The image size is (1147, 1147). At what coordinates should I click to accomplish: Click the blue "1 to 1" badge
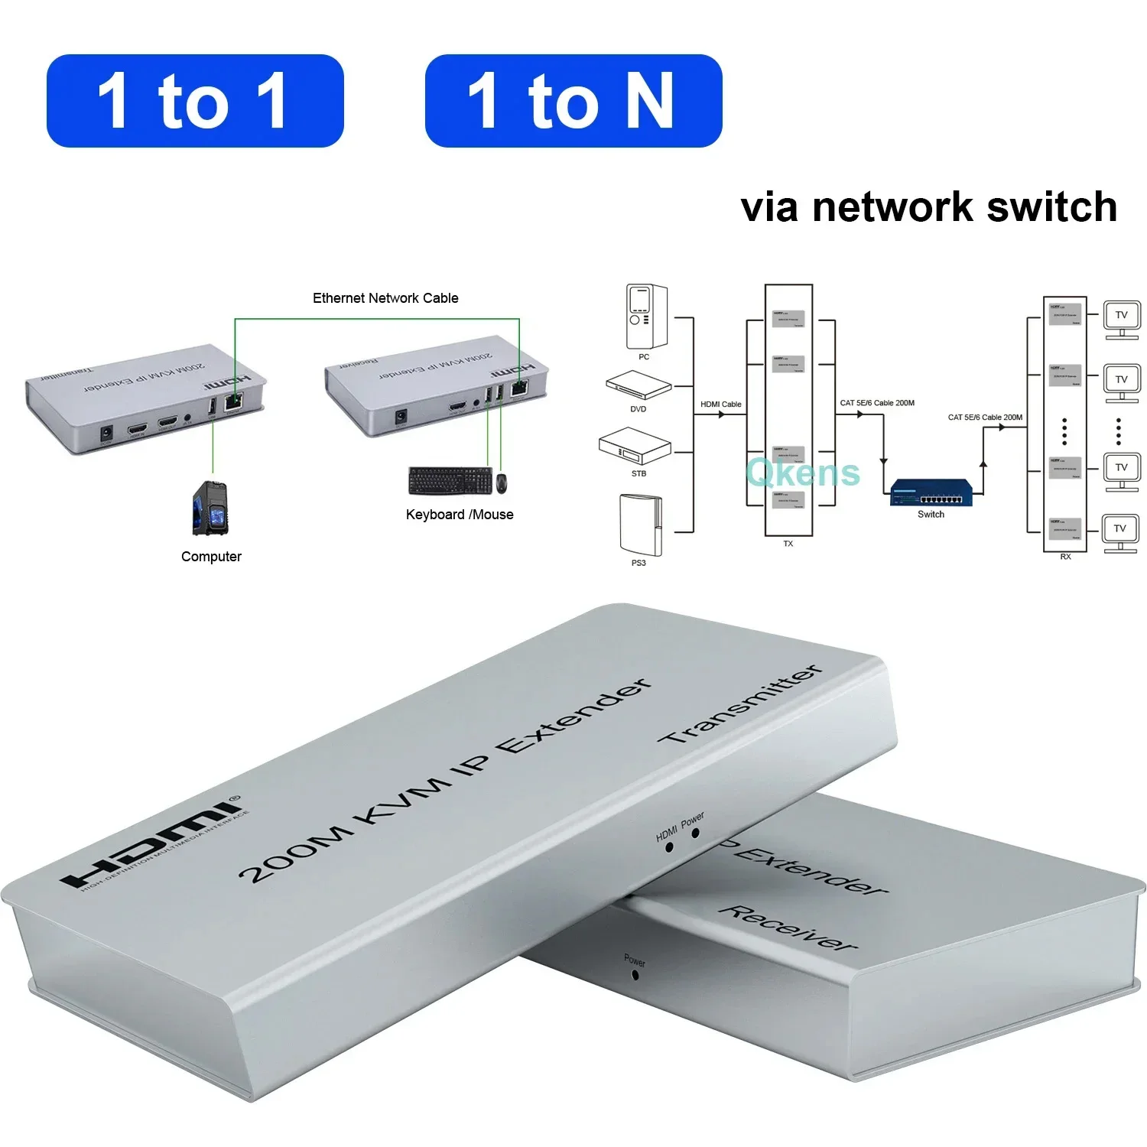[194, 101]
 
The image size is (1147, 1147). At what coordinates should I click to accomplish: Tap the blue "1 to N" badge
[573, 101]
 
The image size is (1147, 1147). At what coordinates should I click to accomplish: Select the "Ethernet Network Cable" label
[385, 298]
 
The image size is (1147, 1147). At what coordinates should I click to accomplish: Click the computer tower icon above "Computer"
[210, 509]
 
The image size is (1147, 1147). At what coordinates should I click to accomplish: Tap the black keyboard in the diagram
[450, 481]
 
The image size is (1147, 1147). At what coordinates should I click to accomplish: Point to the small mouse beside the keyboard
[502, 483]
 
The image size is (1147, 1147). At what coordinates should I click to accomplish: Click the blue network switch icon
[931, 492]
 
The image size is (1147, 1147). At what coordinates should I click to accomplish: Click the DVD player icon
[638, 385]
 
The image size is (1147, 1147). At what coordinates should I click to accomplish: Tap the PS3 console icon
[641, 525]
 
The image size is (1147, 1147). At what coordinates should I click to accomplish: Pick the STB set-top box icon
[635, 447]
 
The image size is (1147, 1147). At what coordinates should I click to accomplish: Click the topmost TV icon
[1121, 319]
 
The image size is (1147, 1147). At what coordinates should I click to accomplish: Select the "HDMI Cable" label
[720, 405]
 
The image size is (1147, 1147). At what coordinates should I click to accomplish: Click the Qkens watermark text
[802, 473]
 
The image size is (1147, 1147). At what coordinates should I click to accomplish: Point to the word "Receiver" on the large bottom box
[788, 928]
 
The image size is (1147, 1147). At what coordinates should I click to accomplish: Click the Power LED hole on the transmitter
[695, 833]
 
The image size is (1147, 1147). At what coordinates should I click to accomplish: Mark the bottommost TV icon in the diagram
[1120, 532]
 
